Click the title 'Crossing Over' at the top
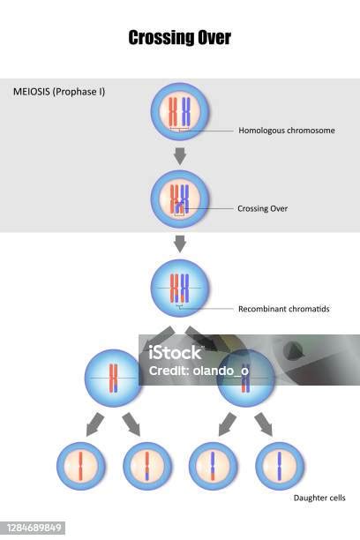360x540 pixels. (179, 38)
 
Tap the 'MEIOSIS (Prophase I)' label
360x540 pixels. (59, 92)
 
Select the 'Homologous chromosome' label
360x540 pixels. (287, 131)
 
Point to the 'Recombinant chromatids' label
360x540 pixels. (284, 309)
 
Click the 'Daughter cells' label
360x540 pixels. (319, 498)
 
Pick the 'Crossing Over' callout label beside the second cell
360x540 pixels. (263, 208)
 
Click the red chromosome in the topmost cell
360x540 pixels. (173, 111)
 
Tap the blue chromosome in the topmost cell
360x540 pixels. (186, 111)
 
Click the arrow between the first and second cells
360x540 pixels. (180, 156)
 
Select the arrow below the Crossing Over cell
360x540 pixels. (180, 244)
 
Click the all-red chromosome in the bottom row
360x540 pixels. (80, 466)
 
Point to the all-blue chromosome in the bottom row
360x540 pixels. (280, 466)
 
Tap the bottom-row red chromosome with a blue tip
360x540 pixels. (146, 466)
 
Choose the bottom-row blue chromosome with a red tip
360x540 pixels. (213, 466)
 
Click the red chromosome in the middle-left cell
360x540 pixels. (113, 379)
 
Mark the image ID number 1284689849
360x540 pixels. (34, 528)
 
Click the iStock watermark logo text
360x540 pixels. (175, 353)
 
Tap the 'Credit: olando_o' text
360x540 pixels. (199, 371)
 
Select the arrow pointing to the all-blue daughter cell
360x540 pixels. (264, 424)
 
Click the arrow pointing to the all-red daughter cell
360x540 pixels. (94, 424)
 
